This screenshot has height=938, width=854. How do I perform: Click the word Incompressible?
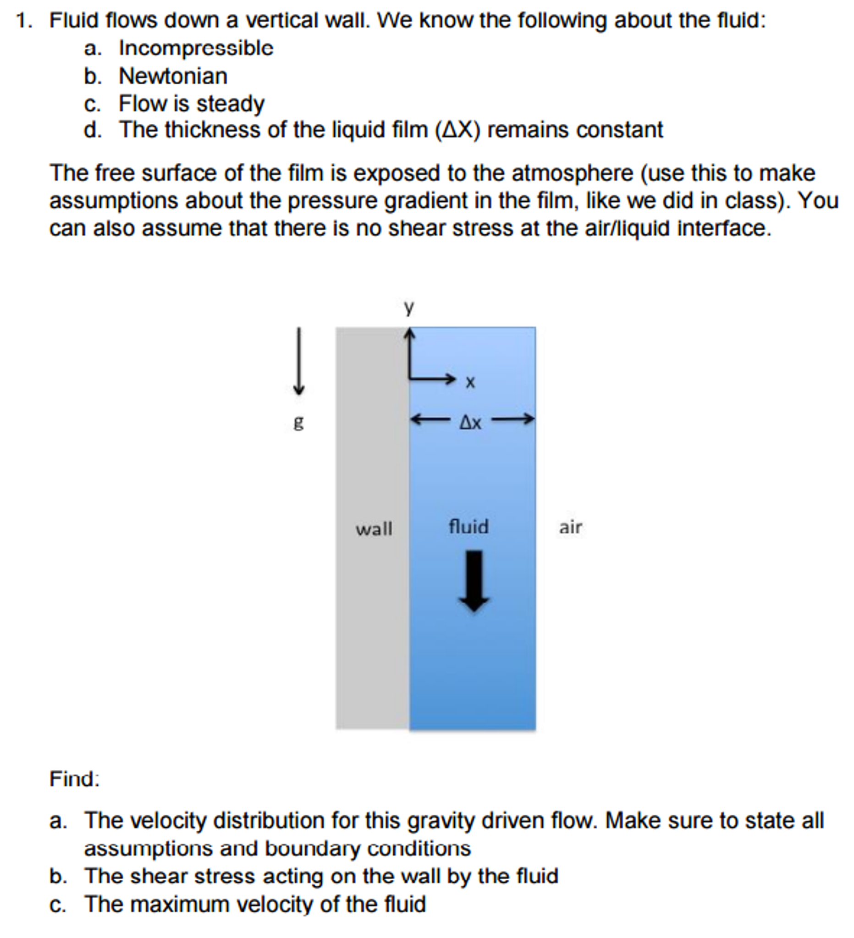coord(196,48)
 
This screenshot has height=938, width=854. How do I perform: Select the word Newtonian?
coord(173,76)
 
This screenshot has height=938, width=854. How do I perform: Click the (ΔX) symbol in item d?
coord(457,130)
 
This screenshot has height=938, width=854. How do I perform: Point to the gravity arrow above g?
coord(298,361)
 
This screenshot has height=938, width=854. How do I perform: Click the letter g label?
coord(298,423)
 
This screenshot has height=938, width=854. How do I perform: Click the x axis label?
coord(470,382)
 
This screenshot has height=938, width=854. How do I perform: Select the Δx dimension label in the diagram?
coord(470,423)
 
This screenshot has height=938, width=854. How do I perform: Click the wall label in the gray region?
coord(374,529)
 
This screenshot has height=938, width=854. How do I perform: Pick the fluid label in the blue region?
coord(468,527)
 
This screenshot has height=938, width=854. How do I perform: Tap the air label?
coord(570,528)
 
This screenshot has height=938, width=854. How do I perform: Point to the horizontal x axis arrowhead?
coord(450,378)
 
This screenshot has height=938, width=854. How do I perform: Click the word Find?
coord(74,779)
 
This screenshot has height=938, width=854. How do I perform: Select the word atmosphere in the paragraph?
coord(572,174)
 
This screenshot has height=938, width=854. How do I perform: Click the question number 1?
coord(23,21)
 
